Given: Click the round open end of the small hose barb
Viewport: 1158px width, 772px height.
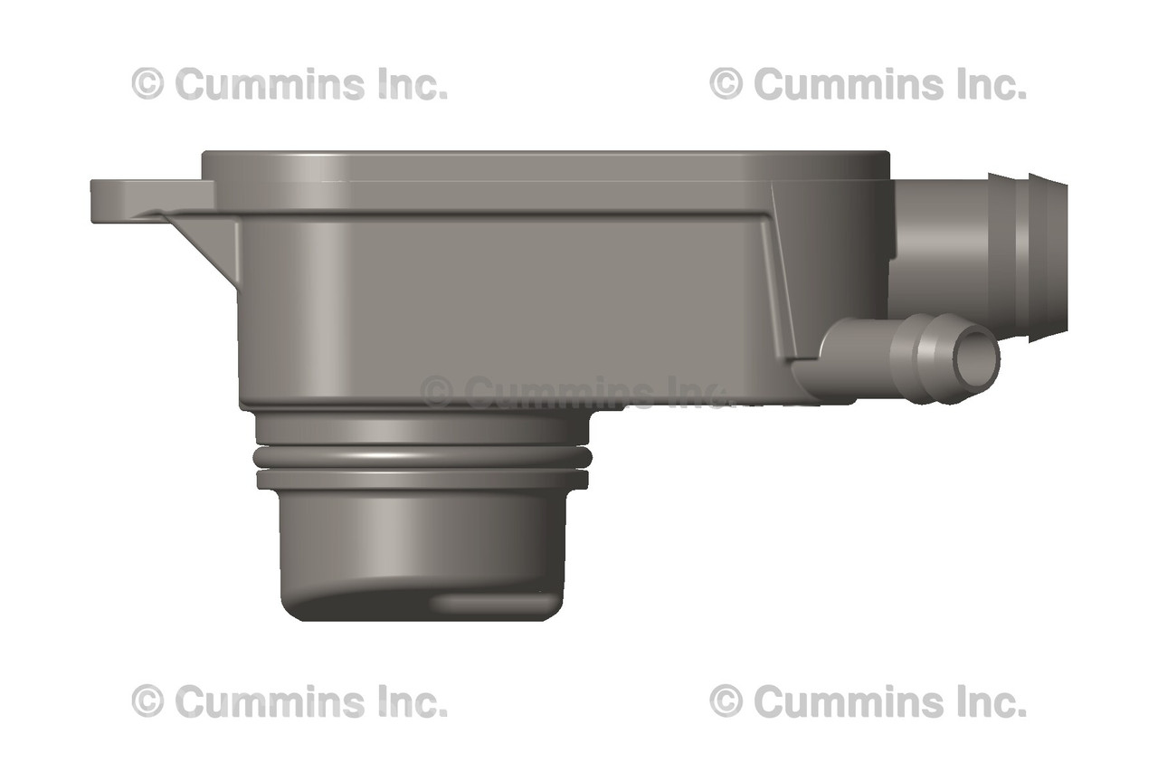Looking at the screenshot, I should coord(980,358).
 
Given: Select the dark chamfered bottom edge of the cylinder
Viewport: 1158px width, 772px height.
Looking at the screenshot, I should coord(362,606).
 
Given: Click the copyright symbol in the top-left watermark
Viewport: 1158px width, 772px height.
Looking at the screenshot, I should coord(147,84).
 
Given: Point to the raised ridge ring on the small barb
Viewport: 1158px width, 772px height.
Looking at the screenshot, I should coord(923,357).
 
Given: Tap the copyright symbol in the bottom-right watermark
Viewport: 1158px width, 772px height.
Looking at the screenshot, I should coord(726,701).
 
